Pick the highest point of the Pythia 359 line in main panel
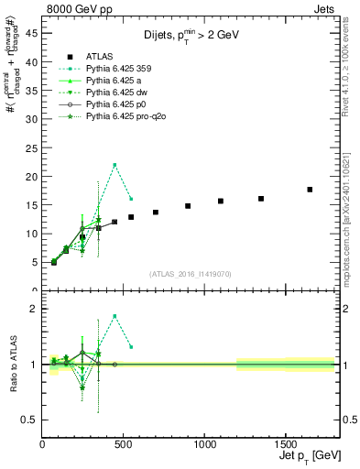click(x=115, y=165)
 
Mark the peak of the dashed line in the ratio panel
click(x=115, y=316)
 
